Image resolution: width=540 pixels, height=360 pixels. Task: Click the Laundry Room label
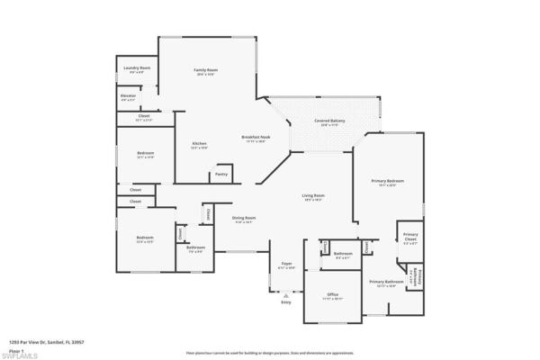pos(138,67)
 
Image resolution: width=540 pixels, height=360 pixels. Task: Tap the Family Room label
pos(206,69)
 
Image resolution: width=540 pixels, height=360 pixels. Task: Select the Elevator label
pos(129,94)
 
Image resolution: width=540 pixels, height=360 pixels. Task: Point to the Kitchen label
pos(199,144)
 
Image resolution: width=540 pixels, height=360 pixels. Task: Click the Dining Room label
pos(244,218)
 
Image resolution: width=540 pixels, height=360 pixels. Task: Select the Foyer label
pos(287,264)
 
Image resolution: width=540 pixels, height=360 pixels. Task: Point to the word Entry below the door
pos(286,302)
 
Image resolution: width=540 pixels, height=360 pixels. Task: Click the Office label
pos(332,294)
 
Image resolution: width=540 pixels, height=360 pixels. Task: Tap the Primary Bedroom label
pos(388,181)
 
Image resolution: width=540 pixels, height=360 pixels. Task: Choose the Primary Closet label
pos(409,237)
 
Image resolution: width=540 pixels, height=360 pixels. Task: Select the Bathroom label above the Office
pos(343,253)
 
